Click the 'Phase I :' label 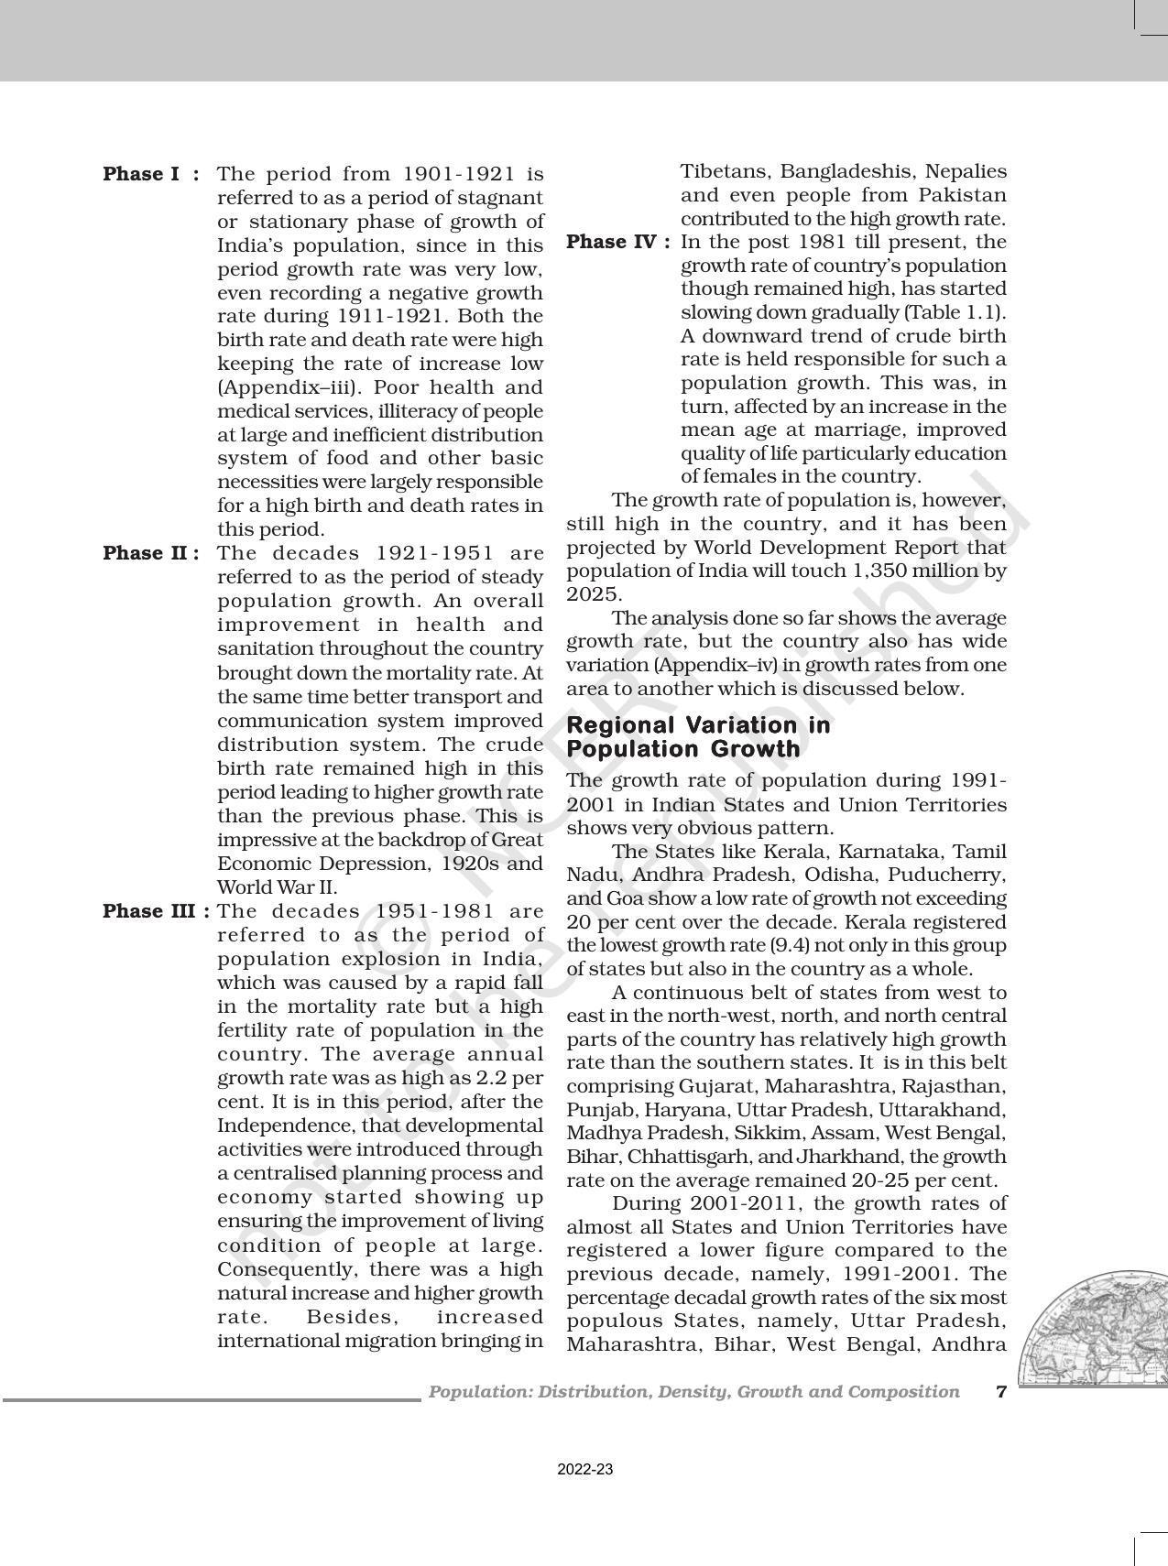tap(150, 174)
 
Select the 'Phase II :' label tap(150, 553)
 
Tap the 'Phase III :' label tap(156, 911)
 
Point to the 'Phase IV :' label tap(619, 242)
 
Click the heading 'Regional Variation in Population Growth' tap(698, 737)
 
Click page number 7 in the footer tap(1001, 1392)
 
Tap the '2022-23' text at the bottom tap(584, 1470)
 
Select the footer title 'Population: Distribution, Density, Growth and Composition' tap(693, 1392)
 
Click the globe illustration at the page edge tap(1099, 1328)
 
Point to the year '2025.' tap(593, 594)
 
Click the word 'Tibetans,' tap(726, 171)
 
